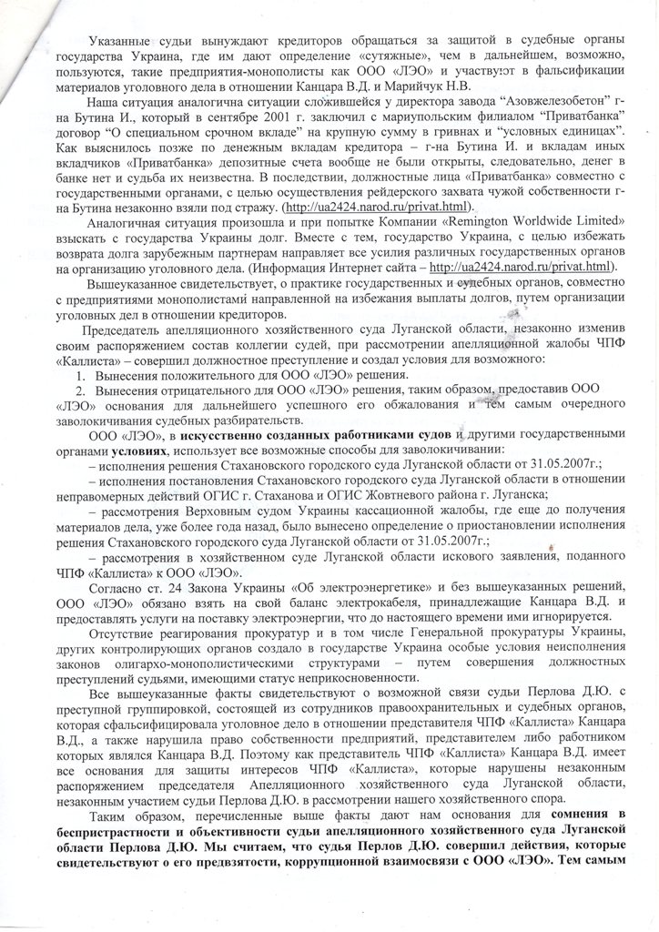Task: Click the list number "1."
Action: coord(79,376)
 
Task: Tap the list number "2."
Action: coord(79,391)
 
